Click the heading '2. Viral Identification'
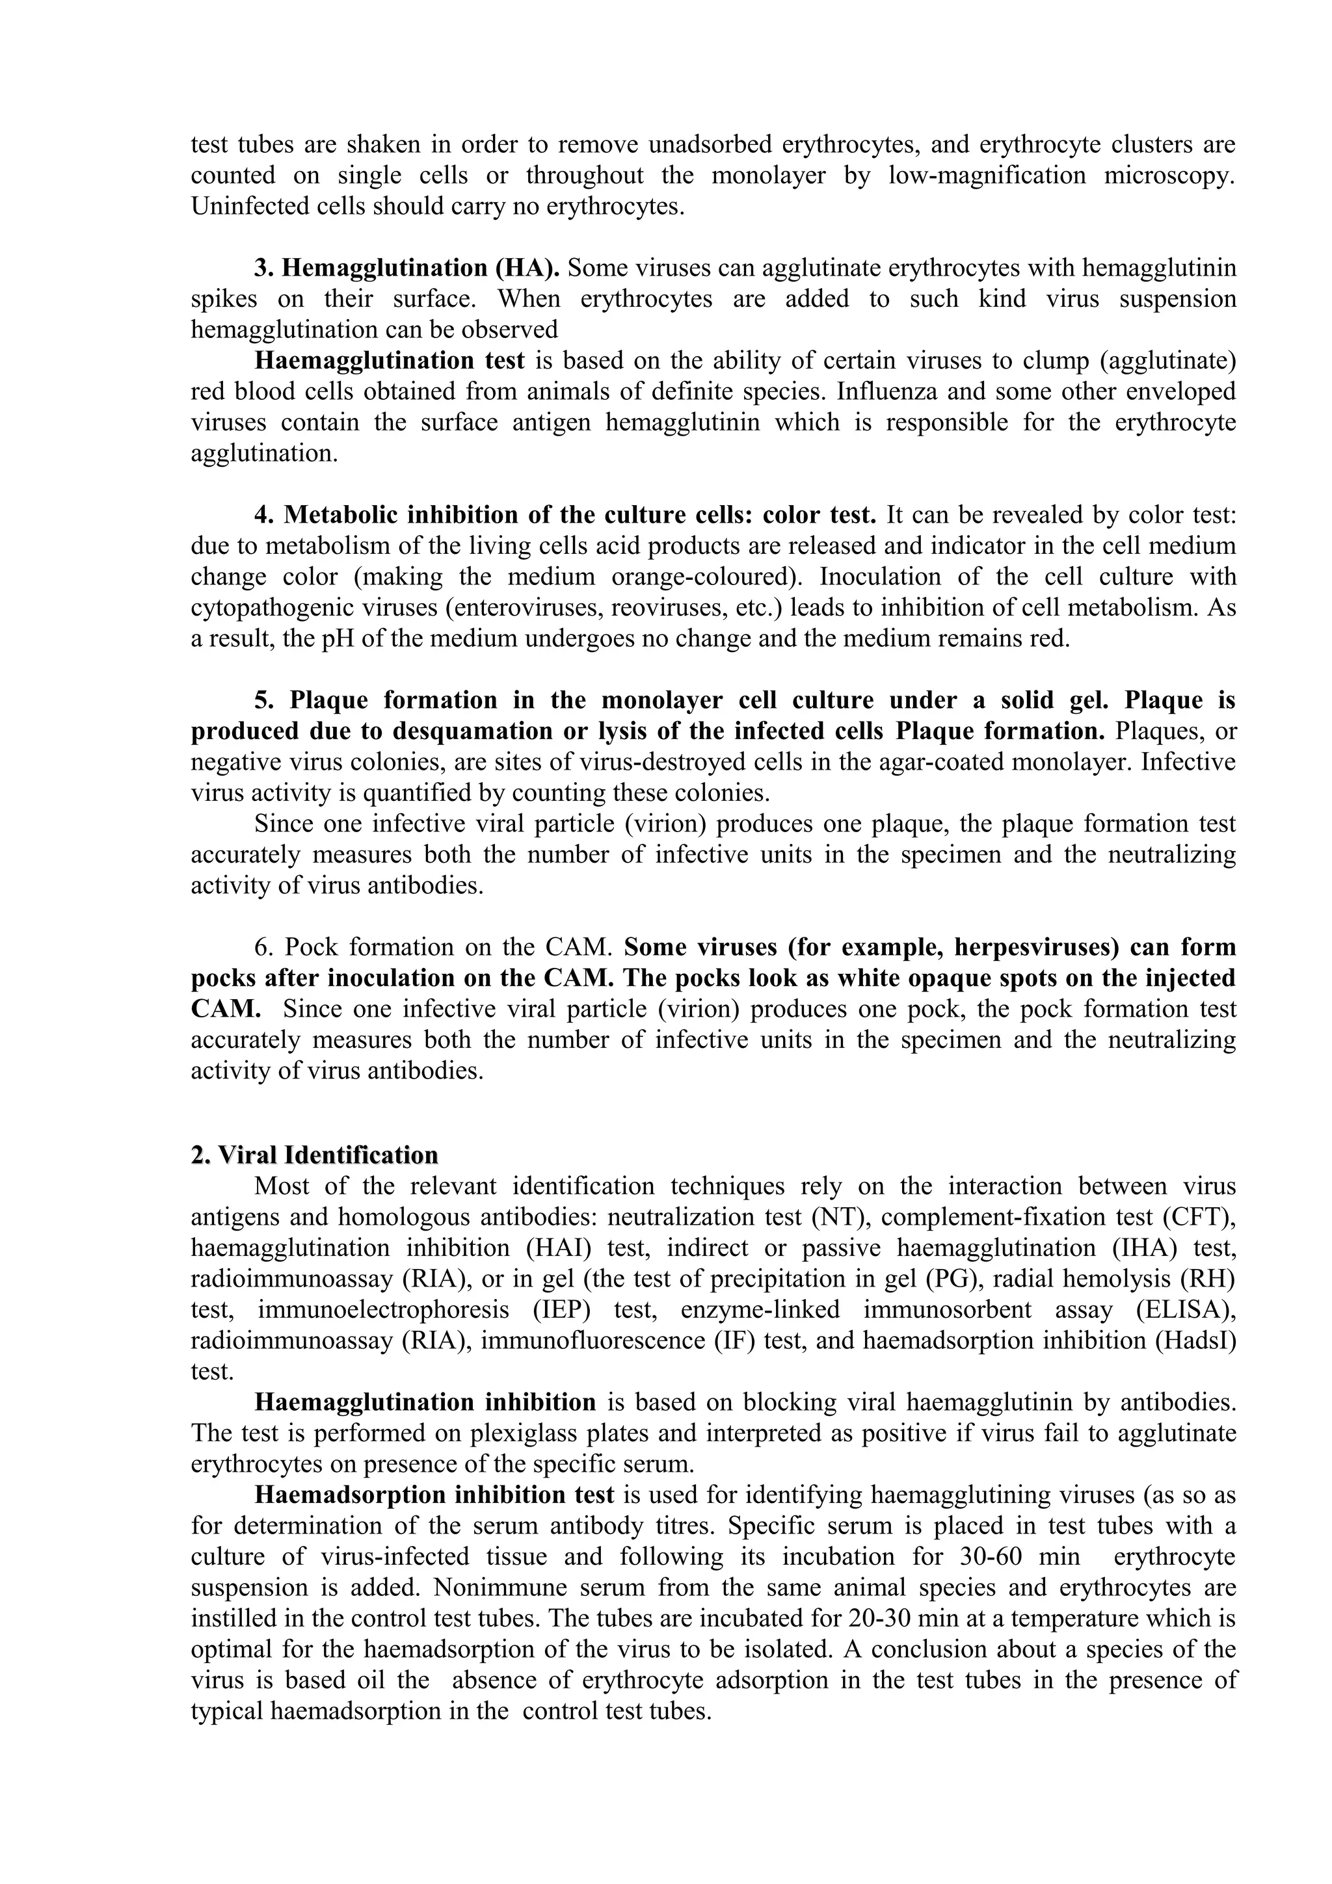pyautogui.click(x=314, y=1155)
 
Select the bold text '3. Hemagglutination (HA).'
pyautogui.click(x=407, y=268)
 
